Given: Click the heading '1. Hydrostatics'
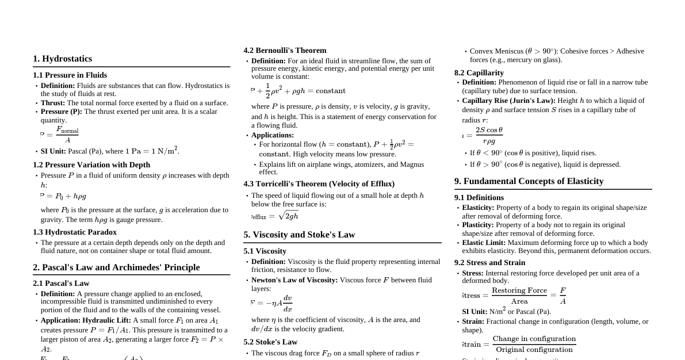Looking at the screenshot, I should coord(62,59).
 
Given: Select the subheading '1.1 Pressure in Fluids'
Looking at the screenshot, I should coord(70,75).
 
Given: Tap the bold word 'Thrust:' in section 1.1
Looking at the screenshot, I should coord(53,103).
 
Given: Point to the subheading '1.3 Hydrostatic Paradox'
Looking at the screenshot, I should coord(75,232).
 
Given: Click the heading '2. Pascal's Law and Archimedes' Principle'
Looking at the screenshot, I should coord(116,267).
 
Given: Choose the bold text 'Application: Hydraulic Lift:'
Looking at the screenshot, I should coord(86,320).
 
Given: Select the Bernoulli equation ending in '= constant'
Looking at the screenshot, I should coord(298,91).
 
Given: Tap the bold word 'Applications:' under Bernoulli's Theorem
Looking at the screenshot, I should coord(273,135).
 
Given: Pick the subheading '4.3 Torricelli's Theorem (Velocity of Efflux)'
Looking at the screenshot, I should coord(319,184).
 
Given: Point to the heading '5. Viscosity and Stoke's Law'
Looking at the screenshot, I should coord(299,235).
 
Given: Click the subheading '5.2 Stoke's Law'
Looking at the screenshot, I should coord(270,342).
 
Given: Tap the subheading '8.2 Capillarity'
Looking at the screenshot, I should coord(479,73).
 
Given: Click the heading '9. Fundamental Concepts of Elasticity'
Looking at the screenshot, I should coord(529,181).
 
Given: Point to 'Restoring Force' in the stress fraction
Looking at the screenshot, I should coord(519,290).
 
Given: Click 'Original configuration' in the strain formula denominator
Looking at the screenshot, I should coord(534,350).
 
